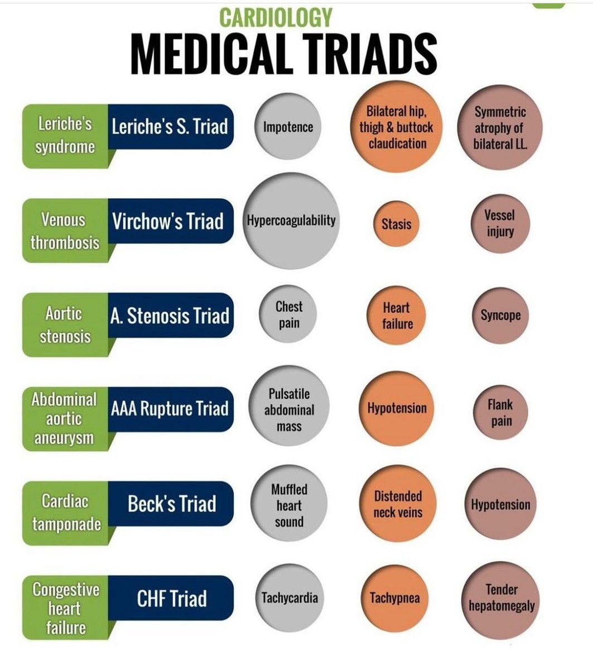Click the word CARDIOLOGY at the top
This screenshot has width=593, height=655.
(276, 17)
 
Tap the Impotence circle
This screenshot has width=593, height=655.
(288, 127)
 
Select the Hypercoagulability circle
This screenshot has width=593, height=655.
(291, 221)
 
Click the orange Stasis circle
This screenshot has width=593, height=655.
(396, 224)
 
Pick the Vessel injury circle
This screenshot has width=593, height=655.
(499, 223)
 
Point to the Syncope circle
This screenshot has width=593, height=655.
(500, 315)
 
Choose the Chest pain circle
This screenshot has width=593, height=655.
(288, 314)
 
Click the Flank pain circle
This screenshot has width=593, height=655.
(501, 413)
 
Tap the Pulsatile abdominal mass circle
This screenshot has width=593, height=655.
(289, 410)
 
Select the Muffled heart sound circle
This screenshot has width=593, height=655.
(288, 505)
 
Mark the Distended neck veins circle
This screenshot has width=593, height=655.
(397, 504)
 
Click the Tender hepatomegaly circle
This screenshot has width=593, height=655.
(501, 597)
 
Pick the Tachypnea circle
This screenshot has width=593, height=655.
(395, 598)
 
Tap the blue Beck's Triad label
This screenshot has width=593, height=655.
(171, 504)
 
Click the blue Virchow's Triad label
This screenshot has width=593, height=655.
(168, 221)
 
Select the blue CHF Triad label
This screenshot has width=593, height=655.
(171, 599)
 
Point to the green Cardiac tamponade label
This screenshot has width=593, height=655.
(66, 513)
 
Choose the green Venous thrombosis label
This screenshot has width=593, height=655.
(65, 231)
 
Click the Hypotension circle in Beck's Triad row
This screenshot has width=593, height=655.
(500, 505)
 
